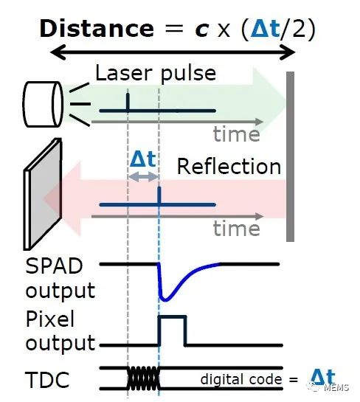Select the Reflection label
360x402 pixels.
tap(229, 166)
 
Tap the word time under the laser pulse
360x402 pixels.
tap(236, 134)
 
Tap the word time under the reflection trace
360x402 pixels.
tap(236, 229)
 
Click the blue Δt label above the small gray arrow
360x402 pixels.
tap(142, 159)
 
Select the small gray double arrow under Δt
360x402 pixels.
tap(143, 177)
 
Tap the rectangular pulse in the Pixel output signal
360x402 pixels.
tap(172, 329)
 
